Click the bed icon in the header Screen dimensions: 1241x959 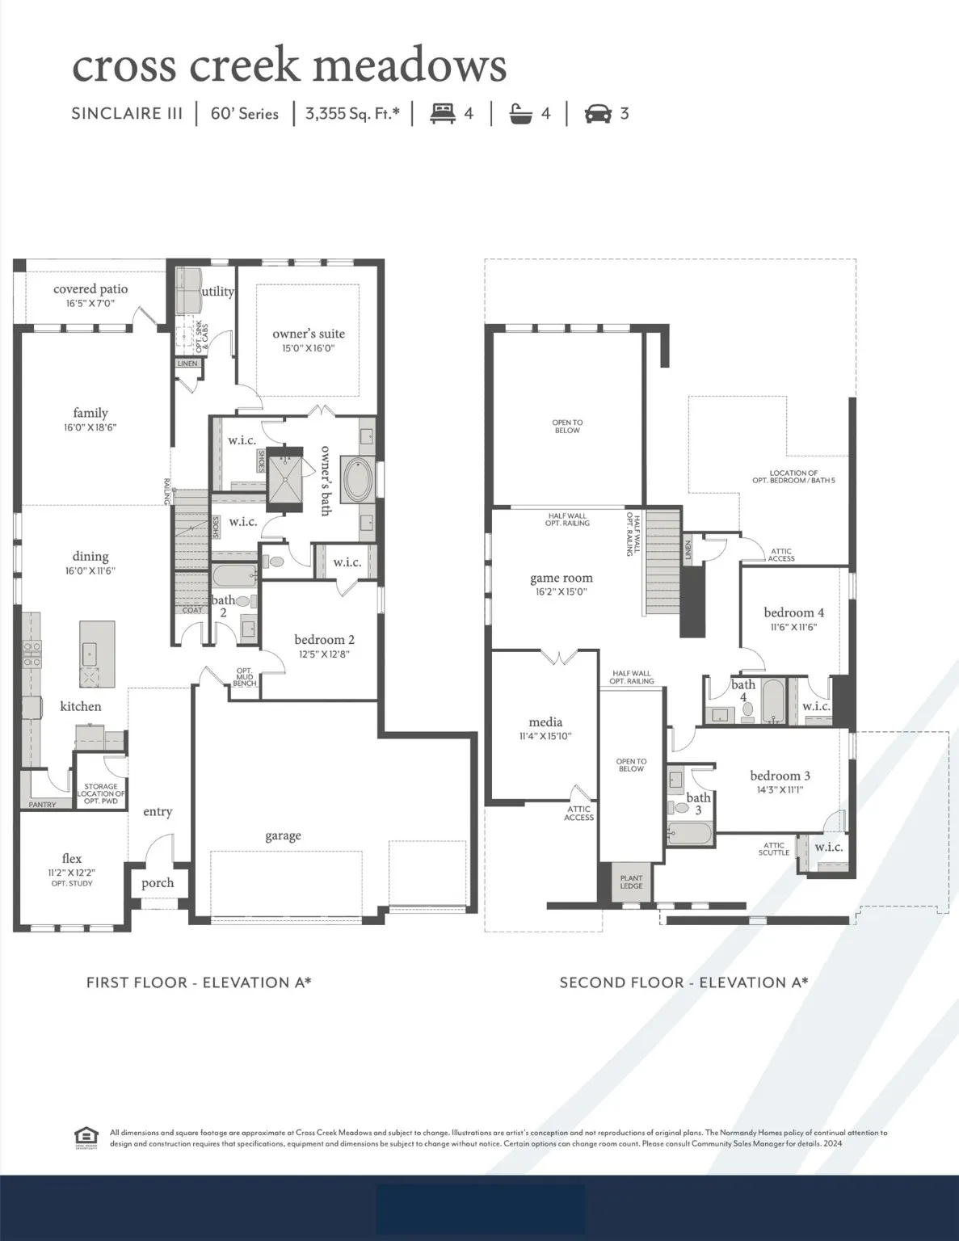click(442, 113)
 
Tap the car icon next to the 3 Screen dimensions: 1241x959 click(598, 113)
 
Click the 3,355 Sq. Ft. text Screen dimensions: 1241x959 click(352, 113)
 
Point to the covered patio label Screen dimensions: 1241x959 click(90, 289)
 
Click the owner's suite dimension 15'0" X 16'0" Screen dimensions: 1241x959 click(309, 348)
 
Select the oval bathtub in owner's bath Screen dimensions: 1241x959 click(357, 480)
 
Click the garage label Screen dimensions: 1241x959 click(283, 835)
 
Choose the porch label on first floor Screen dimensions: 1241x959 click(158, 882)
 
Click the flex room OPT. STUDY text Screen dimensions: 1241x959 click(72, 884)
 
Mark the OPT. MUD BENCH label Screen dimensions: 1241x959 click(245, 677)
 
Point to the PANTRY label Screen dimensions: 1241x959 click(42, 805)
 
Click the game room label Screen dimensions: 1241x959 click(562, 578)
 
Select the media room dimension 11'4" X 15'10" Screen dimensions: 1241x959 click(545, 736)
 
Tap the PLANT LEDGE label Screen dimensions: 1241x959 click(631, 881)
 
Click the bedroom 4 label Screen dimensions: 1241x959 click(794, 612)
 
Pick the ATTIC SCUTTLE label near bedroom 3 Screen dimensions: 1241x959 click(774, 848)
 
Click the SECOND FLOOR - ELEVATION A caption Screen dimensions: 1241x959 click(683, 982)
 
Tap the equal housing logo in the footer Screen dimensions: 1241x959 click(86, 1137)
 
